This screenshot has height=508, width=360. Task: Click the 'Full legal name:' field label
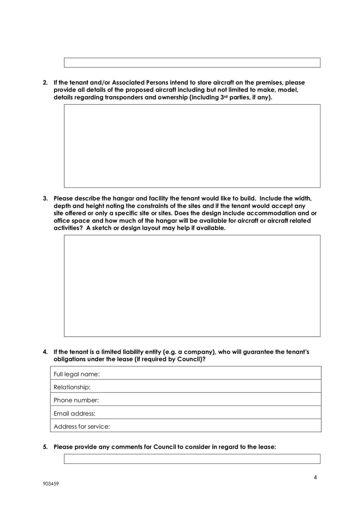tap(76, 374)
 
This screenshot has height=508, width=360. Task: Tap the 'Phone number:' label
tap(76, 400)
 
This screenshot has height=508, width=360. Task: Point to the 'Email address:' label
tap(75, 413)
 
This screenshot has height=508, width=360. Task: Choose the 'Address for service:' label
tap(81, 426)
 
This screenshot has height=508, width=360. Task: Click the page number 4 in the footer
tap(315, 477)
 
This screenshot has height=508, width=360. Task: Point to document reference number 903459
tap(51, 485)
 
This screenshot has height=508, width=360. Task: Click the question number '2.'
tap(45, 83)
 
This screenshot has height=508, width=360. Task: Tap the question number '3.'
tap(45, 198)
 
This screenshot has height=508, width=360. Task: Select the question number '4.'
tap(45, 351)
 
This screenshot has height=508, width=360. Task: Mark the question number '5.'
tap(45, 447)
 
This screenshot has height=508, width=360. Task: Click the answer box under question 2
tap(192, 146)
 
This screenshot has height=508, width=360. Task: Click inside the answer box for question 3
tap(192, 285)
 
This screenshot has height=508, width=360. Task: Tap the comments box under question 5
tap(192, 459)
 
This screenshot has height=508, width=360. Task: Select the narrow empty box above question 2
tap(192, 62)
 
